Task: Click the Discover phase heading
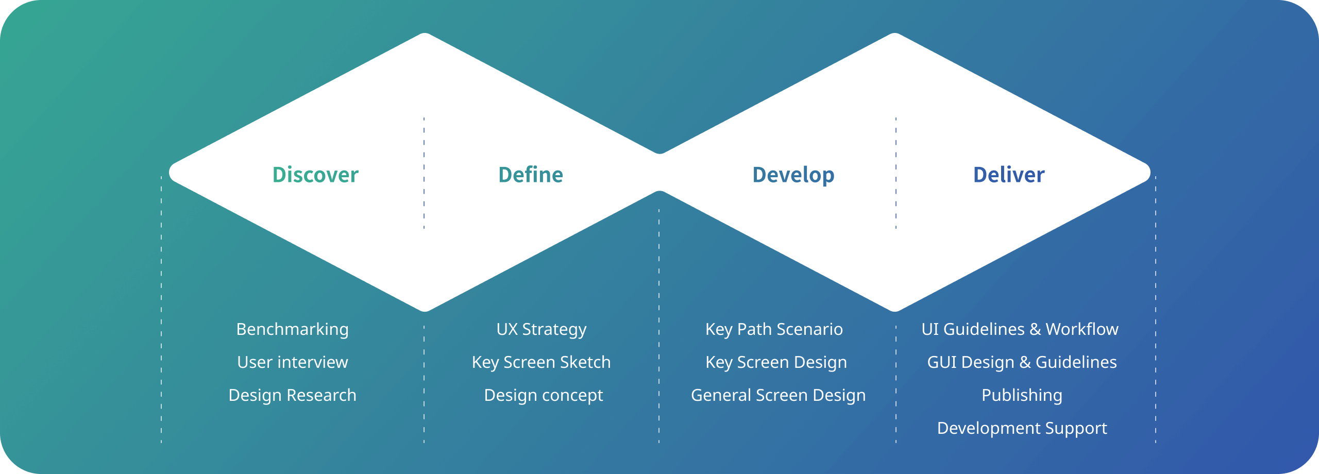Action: [x=315, y=175]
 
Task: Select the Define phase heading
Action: [x=531, y=175]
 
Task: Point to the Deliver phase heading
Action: [x=1009, y=175]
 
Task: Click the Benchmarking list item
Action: [x=293, y=329]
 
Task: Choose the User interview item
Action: [x=293, y=362]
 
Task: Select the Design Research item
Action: [x=293, y=395]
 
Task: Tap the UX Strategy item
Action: [x=542, y=329]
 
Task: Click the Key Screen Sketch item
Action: [x=542, y=362]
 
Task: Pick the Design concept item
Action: [x=544, y=395]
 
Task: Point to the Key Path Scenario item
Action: [x=774, y=329]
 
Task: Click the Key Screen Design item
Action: [x=776, y=362]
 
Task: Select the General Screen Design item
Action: [x=779, y=395]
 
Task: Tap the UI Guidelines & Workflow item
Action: [x=1020, y=329]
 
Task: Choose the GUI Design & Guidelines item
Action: [x=1022, y=362]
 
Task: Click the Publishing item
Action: [x=1022, y=395]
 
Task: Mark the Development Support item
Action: [x=1022, y=428]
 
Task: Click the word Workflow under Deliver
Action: [x=1082, y=329]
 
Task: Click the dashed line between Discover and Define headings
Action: [x=424, y=173]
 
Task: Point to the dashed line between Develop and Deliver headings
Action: [x=896, y=173]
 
